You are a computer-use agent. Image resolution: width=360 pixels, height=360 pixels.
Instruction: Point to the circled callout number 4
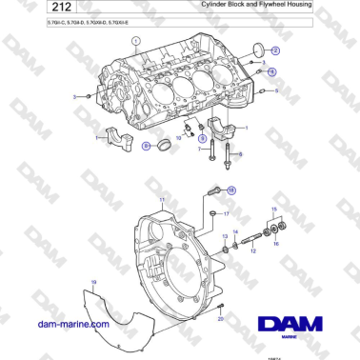(x=271, y=71)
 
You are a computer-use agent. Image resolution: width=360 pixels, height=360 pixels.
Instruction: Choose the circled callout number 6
(x=147, y=147)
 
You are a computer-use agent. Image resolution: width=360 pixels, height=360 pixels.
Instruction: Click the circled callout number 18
(x=230, y=190)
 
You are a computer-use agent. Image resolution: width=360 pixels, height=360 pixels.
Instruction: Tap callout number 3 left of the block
(x=74, y=96)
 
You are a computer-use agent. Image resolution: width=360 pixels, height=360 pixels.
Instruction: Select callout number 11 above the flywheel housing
(x=163, y=199)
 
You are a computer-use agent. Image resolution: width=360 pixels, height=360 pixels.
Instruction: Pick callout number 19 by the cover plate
(x=93, y=282)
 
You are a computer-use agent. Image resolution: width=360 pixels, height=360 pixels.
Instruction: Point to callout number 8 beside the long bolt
(x=239, y=154)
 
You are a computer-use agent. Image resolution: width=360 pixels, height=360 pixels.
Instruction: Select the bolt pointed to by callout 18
(x=211, y=192)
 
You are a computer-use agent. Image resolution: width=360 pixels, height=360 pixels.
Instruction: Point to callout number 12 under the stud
(x=252, y=251)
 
